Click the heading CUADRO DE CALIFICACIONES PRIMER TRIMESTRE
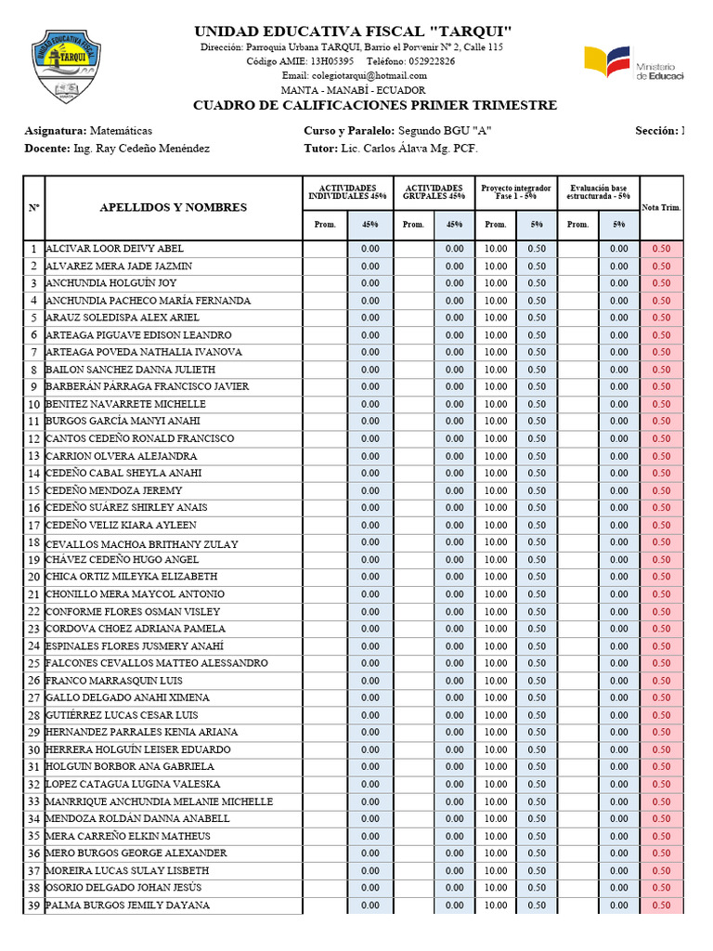pos(375,105)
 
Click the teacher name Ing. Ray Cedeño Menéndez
pos(141,149)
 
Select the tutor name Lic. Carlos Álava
pos(391,149)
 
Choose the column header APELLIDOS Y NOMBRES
pos(173,207)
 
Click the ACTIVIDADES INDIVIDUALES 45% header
pos(348,192)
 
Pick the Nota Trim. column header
pos(661,207)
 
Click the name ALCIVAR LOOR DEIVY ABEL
pos(114,249)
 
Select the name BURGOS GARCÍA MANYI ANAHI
pos(119,422)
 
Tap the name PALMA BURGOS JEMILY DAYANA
pos(127,905)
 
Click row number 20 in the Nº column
pos(33,577)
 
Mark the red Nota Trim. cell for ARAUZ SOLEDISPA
pos(661,318)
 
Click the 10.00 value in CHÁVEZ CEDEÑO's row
pos(496,560)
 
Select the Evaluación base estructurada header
pos(599,192)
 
